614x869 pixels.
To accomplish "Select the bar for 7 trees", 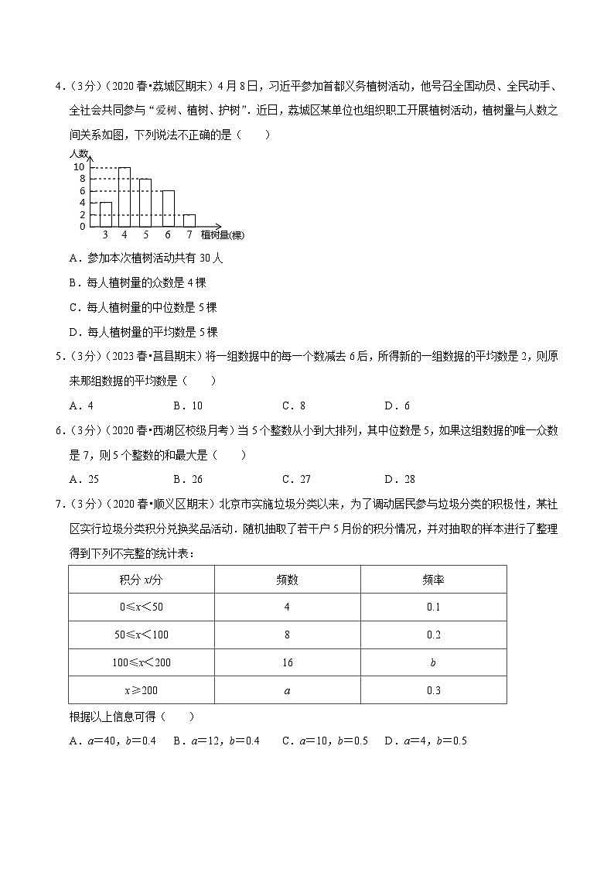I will click(x=189, y=220).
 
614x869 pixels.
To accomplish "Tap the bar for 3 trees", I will click(x=106, y=214).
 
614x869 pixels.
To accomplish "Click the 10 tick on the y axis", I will click(x=79, y=167).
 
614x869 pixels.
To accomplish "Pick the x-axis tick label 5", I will click(x=145, y=234).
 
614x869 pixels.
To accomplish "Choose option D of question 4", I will click(x=143, y=332).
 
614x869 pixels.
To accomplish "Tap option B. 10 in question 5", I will click(x=188, y=405).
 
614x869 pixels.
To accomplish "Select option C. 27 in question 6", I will click(x=294, y=479).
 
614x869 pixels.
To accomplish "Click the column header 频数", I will click(x=287, y=580).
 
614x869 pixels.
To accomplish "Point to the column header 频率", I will click(x=433, y=580).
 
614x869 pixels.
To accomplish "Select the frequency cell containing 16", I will click(x=287, y=662).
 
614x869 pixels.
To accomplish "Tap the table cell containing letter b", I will click(x=433, y=662).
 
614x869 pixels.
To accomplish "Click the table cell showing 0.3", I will click(x=433, y=690).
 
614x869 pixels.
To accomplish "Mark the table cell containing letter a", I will click(x=287, y=690).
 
